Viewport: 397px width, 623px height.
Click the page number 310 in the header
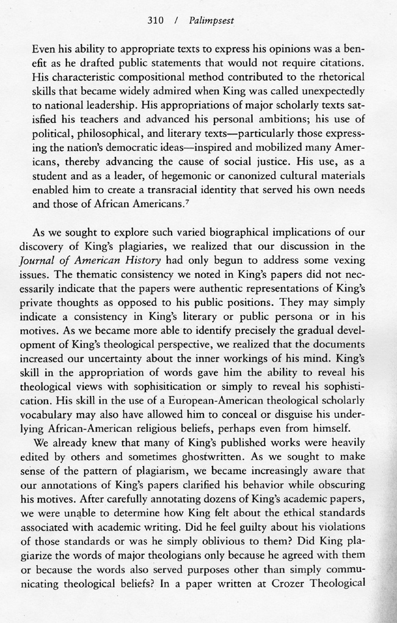(x=156, y=20)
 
